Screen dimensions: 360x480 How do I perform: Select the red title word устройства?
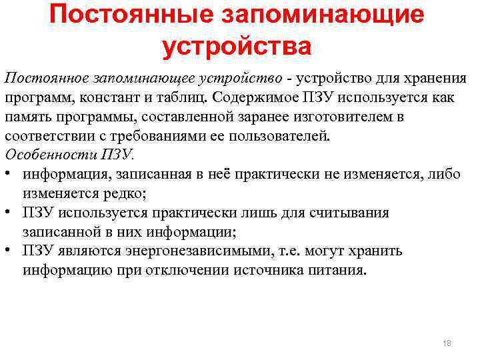pos(237,47)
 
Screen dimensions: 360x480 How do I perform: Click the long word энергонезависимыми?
pos(191,252)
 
